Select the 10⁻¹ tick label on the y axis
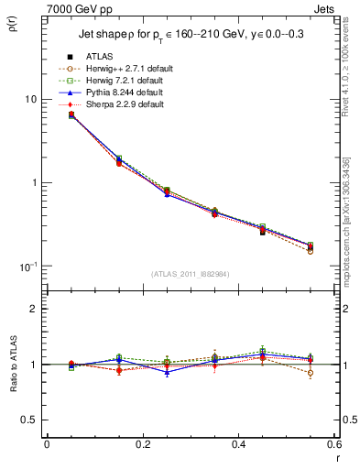pyautogui.click(x=28, y=266)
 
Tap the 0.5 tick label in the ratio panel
pyautogui.click(x=31, y=420)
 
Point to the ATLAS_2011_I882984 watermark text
pyautogui.click(x=190, y=274)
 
